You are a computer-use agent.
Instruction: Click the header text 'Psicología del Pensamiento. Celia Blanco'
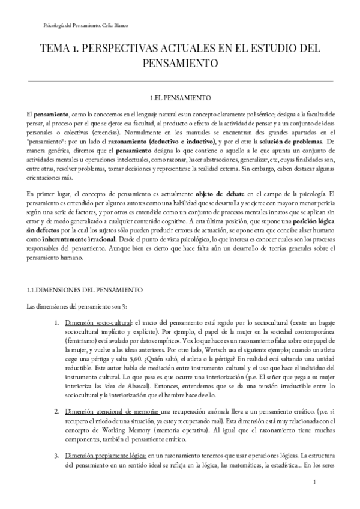coord(86,25)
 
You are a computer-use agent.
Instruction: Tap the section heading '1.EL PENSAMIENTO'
coord(180,97)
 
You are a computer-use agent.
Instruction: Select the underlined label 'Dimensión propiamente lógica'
coord(107,456)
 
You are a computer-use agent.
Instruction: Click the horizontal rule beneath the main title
coord(180,80)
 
